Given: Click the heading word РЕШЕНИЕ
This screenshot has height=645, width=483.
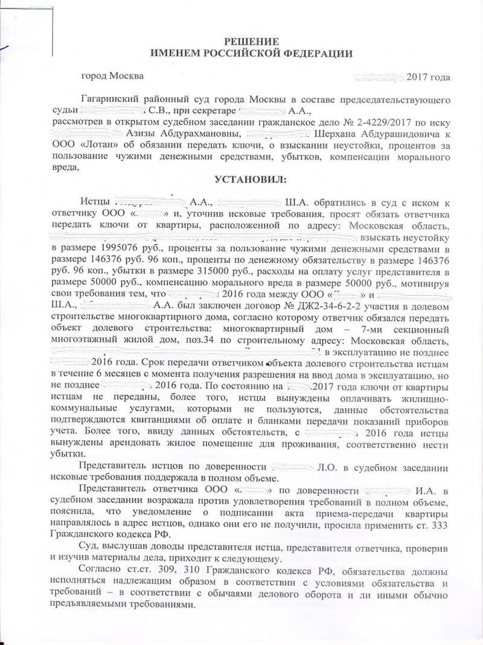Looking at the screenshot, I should click(x=243, y=42).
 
